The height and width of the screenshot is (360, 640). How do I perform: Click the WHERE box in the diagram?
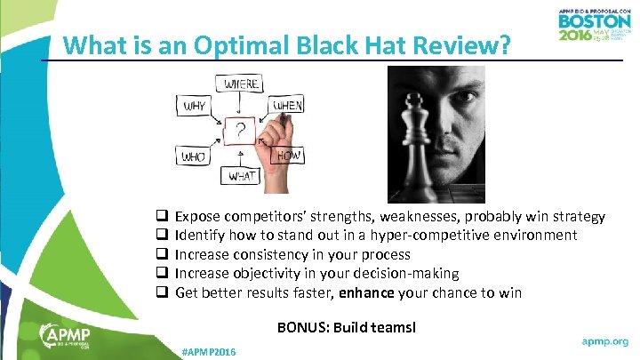click(241, 84)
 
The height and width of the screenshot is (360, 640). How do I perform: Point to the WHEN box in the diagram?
click(287, 106)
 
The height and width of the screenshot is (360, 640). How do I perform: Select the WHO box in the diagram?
click(195, 156)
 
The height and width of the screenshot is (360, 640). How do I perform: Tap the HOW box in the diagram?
click(290, 156)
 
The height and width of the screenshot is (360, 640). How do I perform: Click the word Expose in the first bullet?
click(199, 217)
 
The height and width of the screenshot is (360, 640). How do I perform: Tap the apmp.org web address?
click(604, 340)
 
